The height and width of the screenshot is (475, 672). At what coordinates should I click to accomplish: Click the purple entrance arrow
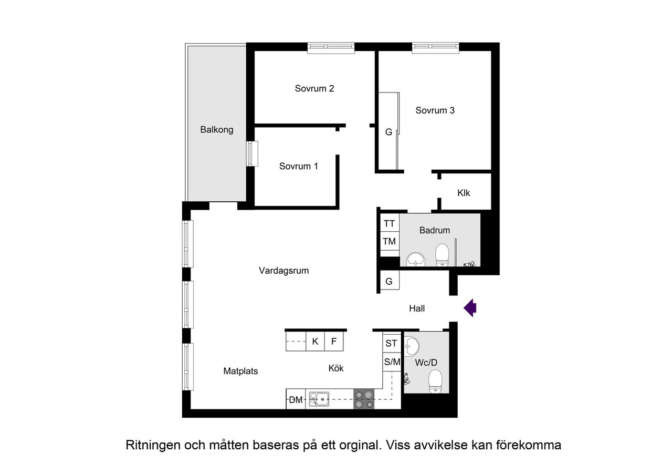tap(470, 308)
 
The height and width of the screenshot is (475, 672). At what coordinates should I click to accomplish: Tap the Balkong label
tap(216, 130)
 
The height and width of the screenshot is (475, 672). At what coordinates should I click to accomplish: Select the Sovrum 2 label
tap(314, 89)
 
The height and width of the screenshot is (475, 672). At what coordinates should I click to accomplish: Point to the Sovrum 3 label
tap(435, 110)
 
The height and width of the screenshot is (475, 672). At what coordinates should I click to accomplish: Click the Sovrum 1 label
tap(298, 167)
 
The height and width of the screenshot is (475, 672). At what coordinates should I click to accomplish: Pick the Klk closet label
tap(464, 193)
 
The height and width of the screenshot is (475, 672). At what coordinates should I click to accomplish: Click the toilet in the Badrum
tap(442, 254)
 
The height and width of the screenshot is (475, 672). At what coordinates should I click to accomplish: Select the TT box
tap(389, 224)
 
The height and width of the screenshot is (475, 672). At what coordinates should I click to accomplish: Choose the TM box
tap(389, 242)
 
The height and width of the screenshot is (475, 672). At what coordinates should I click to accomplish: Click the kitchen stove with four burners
tap(364, 399)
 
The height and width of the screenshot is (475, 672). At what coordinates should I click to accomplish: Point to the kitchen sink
tap(318, 399)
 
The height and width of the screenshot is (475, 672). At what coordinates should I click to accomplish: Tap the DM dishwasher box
tap(296, 400)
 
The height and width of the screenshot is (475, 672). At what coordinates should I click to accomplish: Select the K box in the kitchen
tap(315, 342)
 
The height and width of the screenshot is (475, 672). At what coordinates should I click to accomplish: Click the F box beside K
tap(334, 342)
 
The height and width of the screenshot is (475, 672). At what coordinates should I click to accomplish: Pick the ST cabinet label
tap(392, 344)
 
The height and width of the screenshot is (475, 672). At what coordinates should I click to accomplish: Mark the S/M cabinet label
tap(392, 362)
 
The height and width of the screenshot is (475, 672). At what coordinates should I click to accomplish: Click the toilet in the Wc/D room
tap(435, 381)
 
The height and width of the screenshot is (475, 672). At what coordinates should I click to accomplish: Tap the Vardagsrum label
tap(283, 271)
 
